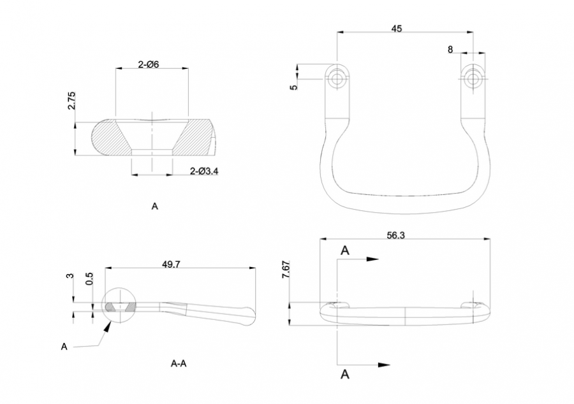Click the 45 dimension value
click(x=397, y=28)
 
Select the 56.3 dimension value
click(x=395, y=235)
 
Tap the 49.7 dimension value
click(x=171, y=264)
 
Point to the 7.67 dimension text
click(x=286, y=270)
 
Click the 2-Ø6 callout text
click(x=149, y=64)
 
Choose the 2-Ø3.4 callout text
click(x=204, y=171)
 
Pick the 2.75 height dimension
click(x=71, y=101)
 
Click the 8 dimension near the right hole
click(x=450, y=49)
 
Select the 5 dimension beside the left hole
click(x=294, y=87)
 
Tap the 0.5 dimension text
click(x=89, y=278)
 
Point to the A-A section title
click(x=179, y=363)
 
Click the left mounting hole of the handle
click(x=336, y=78)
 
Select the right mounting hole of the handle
click(x=473, y=78)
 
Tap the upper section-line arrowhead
click(x=372, y=259)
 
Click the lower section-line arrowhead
click(x=384, y=364)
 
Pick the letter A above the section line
click(x=345, y=250)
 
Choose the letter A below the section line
click(x=345, y=374)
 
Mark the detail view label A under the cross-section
click(x=155, y=206)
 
